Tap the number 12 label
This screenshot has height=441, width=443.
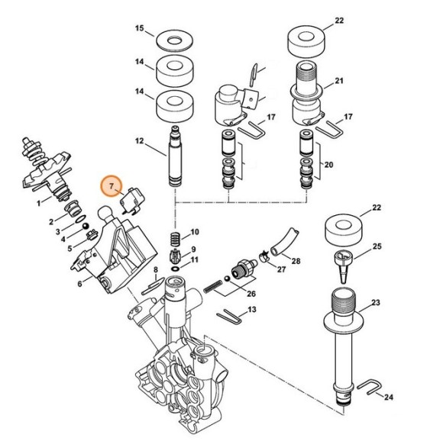(140, 141)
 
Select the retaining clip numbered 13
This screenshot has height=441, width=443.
(228, 314)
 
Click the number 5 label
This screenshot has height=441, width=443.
(70, 248)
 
